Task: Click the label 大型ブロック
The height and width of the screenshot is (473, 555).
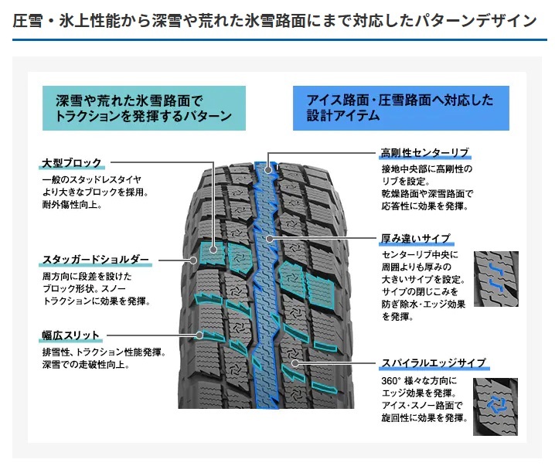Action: click(70, 163)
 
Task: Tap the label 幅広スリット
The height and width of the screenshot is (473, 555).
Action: click(70, 335)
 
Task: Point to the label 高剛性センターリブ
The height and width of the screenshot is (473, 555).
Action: click(424, 151)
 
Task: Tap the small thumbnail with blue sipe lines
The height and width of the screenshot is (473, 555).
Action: click(495, 277)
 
